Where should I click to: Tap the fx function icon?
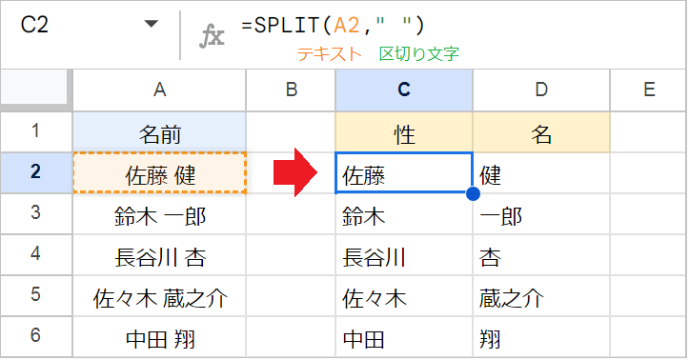(x=211, y=35)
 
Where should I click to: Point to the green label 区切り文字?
(x=418, y=54)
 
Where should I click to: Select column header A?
(x=159, y=90)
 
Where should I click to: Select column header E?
(x=648, y=90)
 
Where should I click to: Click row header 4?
(x=35, y=256)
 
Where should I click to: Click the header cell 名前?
(x=159, y=132)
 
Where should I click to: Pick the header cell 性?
(x=404, y=132)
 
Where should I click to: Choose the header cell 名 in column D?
(x=541, y=132)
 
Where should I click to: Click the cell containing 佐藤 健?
(x=159, y=173)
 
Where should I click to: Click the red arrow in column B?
(x=290, y=173)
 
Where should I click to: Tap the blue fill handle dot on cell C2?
(x=473, y=194)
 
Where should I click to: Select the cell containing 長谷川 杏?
(x=159, y=256)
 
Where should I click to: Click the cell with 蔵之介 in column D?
(x=541, y=297)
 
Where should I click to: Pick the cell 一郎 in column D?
(x=541, y=215)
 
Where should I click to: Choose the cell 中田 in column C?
(x=404, y=338)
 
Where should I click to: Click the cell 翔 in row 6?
(x=541, y=338)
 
